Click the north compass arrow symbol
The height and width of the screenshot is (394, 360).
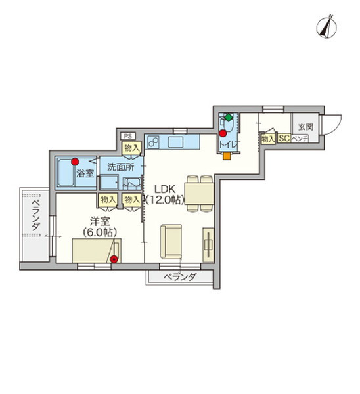tap(324, 26)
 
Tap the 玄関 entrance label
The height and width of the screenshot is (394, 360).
tap(305, 127)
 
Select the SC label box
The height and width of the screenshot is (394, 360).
tap(284, 139)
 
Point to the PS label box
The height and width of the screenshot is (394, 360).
tap(127, 136)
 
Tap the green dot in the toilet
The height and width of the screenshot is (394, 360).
tap(228, 118)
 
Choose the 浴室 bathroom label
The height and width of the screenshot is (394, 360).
tap(85, 173)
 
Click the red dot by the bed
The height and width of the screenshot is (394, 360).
tap(114, 259)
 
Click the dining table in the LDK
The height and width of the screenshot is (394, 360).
tap(198, 192)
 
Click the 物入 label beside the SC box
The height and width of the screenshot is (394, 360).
tap(267, 139)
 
